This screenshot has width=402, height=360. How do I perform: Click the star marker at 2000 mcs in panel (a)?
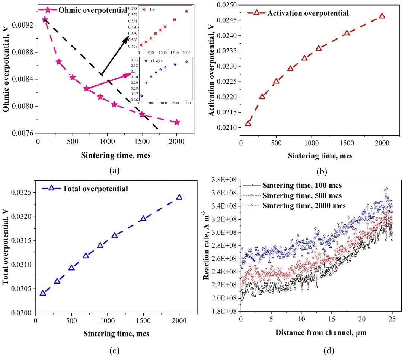[x=177, y=122]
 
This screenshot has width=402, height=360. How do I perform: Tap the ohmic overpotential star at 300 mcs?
[x=59, y=62]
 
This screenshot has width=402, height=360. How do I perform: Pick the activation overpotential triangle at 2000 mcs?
[x=382, y=16]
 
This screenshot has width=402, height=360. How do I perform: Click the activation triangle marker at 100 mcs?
[x=248, y=123]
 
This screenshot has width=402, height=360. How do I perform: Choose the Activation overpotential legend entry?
[x=307, y=13]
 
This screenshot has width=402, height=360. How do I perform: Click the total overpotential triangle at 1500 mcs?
[x=143, y=219]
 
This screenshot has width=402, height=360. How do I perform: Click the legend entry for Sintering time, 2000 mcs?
[x=304, y=205]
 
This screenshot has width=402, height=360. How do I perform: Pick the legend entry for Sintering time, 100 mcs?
[x=302, y=185]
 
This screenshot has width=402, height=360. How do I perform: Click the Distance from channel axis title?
[x=321, y=332]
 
